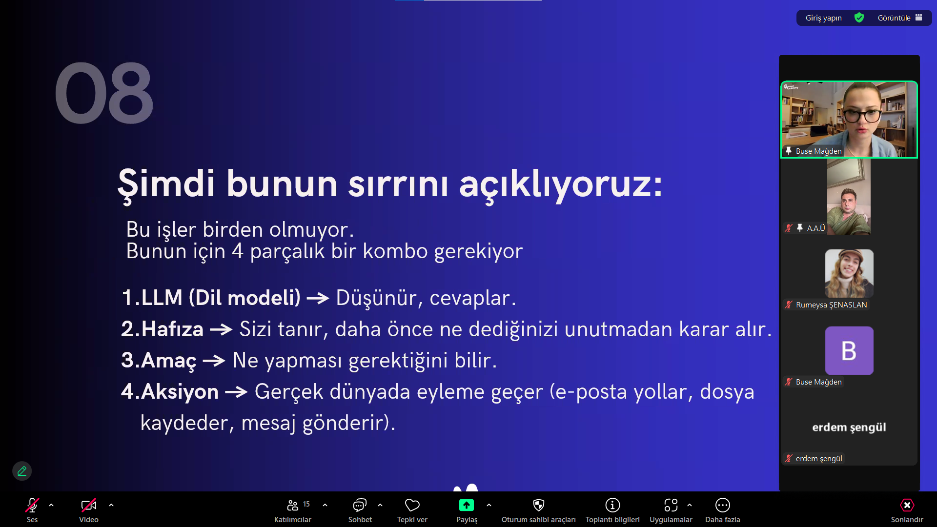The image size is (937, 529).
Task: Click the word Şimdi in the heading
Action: (x=166, y=184)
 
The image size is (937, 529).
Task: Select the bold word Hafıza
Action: (x=172, y=329)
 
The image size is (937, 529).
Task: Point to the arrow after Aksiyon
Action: (x=236, y=392)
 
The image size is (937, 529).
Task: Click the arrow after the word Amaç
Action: (x=214, y=361)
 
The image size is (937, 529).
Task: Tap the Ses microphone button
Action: (x=32, y=505)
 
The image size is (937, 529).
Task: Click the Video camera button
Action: (x=89, y=505)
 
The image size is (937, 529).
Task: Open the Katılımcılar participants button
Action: (x=293, y=505)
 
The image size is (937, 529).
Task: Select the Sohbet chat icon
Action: (x=360, y=505)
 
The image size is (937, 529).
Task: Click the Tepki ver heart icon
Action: (x=412, y=505)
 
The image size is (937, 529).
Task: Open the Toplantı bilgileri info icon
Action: (x=612, y=505)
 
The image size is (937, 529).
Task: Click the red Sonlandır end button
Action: (x=907, y=505)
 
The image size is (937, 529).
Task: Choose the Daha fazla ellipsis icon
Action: (x=723, y=505)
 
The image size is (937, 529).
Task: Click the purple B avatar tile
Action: (x=849, y=350)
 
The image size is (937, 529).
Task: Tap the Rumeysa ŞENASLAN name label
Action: (x=832, y=305)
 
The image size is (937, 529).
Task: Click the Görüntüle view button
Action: (x=899, y=18)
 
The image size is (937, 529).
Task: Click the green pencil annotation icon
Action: (x=22, y=471)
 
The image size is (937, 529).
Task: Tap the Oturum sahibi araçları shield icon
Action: (x=539, y=505)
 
